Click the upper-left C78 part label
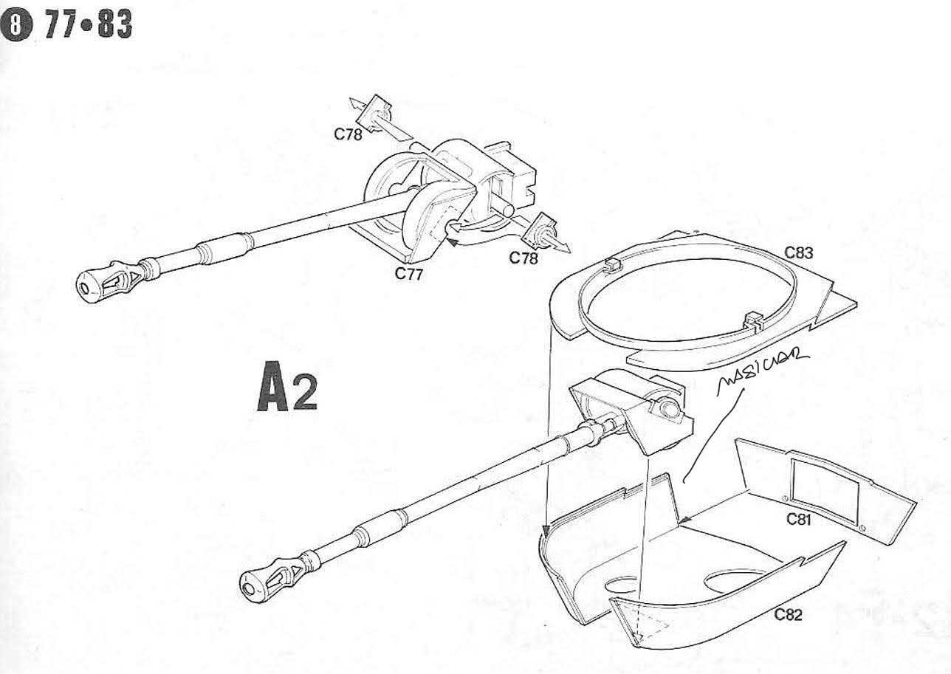coord(348,134)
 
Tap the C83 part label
coord(799,252)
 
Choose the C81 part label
coord(800,518)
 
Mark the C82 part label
coord(788,614)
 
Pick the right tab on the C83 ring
coord(753,320)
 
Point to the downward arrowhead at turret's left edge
coord(545,531)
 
